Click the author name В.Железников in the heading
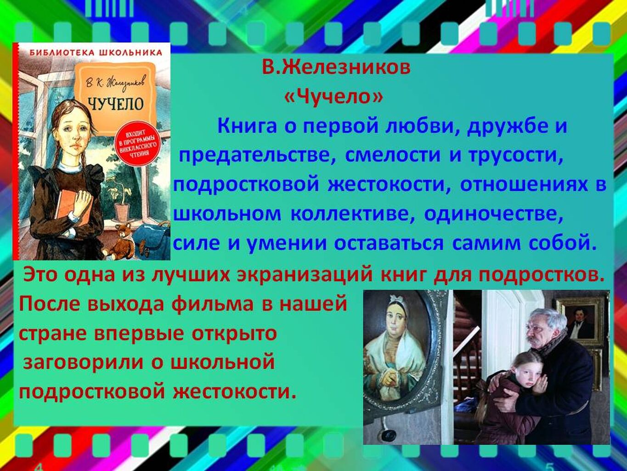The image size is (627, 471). tap(337, 68)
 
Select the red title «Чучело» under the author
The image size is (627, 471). tap(333, 97)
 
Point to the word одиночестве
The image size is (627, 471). tap(493, 214)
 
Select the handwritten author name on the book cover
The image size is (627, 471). tap(115, 84)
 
